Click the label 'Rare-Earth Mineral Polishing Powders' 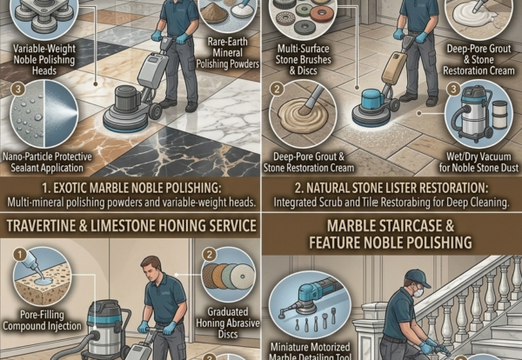(228, 53)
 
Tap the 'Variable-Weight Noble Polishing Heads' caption (44, 59)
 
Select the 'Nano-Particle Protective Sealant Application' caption (47, 162)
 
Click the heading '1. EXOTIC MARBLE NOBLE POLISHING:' (131, 188)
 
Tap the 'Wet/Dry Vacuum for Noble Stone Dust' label (478, 162)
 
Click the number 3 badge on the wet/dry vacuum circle (453, 90)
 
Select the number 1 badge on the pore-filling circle (20, 255)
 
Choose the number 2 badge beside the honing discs (209, 255)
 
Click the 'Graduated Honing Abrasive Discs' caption (228, 323)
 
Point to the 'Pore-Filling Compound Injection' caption (42, 320)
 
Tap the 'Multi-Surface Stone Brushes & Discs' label (304, 59)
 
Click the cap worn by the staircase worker (417, 278)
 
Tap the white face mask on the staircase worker (418, 293)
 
